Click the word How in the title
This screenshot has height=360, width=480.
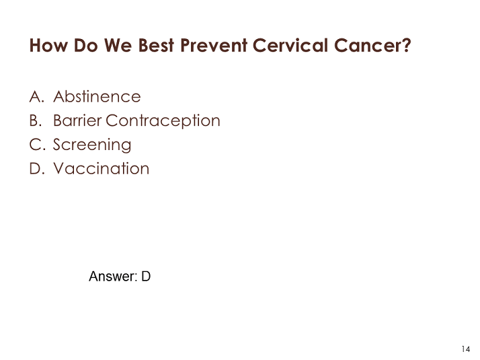tap(48, 45)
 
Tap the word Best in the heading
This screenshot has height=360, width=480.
tap(157, 45)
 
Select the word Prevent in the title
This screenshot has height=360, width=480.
tap(214, 45)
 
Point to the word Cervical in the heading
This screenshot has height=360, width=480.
tap(290, 45)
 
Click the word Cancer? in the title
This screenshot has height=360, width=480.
tap(372, 45)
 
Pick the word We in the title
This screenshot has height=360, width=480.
tap(118, 45)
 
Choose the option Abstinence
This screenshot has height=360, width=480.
tap(97, 96)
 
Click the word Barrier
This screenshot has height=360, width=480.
tap(77, 120)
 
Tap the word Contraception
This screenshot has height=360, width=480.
tap(163, 121)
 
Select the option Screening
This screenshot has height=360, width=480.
tap(92, 145)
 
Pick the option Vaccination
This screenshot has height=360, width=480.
tap(102, 168)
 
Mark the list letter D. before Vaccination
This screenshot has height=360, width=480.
tap(37, 168)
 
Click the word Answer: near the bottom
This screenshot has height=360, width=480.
tap(113, 277)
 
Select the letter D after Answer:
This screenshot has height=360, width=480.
tap(146, 277)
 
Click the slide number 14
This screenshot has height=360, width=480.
tap(466, 349)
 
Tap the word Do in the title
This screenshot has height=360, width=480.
tap(86, 45)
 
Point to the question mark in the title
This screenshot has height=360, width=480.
tap(407, 45)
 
